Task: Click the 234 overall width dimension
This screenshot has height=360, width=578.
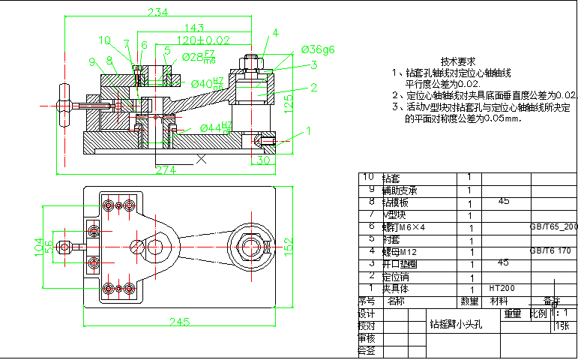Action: [x=157, y=12]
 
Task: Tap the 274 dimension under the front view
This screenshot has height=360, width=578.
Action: [x=166, y=169]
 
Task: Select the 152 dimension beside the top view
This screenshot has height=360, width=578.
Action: [x=288, y=245]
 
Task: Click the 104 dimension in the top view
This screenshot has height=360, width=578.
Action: [x=38, y=244]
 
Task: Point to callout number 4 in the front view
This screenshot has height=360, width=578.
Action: [x=275, y=33]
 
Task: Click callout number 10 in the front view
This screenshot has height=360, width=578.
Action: [x=103, y=40]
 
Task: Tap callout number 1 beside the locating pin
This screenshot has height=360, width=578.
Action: [x=307, y=130]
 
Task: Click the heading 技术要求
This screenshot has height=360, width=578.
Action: [x=458, y=61]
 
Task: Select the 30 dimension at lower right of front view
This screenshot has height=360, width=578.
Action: [x=263, y=160]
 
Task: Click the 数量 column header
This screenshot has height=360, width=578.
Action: [x=469, y=301]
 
